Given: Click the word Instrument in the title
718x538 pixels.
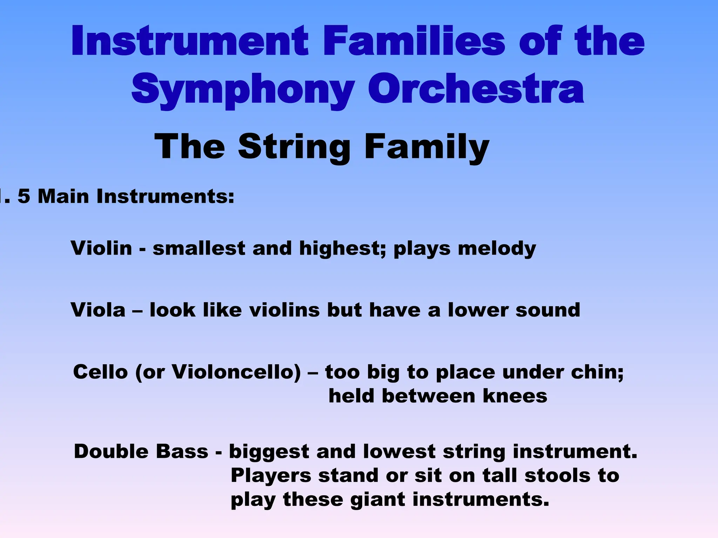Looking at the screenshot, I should (190, 41).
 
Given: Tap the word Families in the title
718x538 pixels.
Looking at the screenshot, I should (414, 41).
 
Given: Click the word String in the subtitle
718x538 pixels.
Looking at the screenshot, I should (294, 147).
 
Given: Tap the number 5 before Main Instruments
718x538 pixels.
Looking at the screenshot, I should (24, 196).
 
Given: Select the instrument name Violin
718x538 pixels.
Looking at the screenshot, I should (101, 248).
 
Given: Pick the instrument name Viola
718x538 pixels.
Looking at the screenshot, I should (98, 310).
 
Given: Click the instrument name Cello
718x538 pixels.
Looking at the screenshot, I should (101, 372).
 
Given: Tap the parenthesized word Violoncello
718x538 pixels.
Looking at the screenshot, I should (236, 372).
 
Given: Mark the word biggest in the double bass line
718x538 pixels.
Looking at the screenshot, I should (269, 452).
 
